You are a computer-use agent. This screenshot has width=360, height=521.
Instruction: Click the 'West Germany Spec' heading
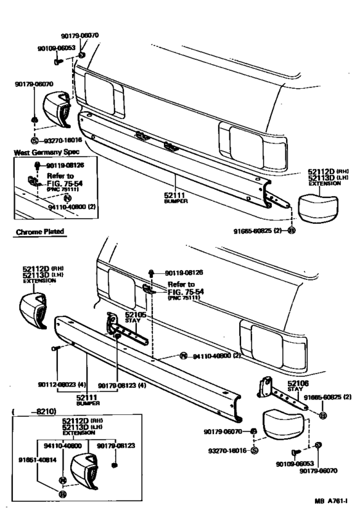(42, 153)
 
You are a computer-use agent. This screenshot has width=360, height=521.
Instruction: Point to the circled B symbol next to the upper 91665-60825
(291, 230)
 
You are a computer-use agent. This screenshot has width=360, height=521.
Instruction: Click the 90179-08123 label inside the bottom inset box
(116, 444)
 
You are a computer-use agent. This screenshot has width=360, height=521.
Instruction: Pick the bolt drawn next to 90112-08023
(56, 349)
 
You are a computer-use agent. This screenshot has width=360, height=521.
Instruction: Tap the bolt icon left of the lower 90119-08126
(150, 273)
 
